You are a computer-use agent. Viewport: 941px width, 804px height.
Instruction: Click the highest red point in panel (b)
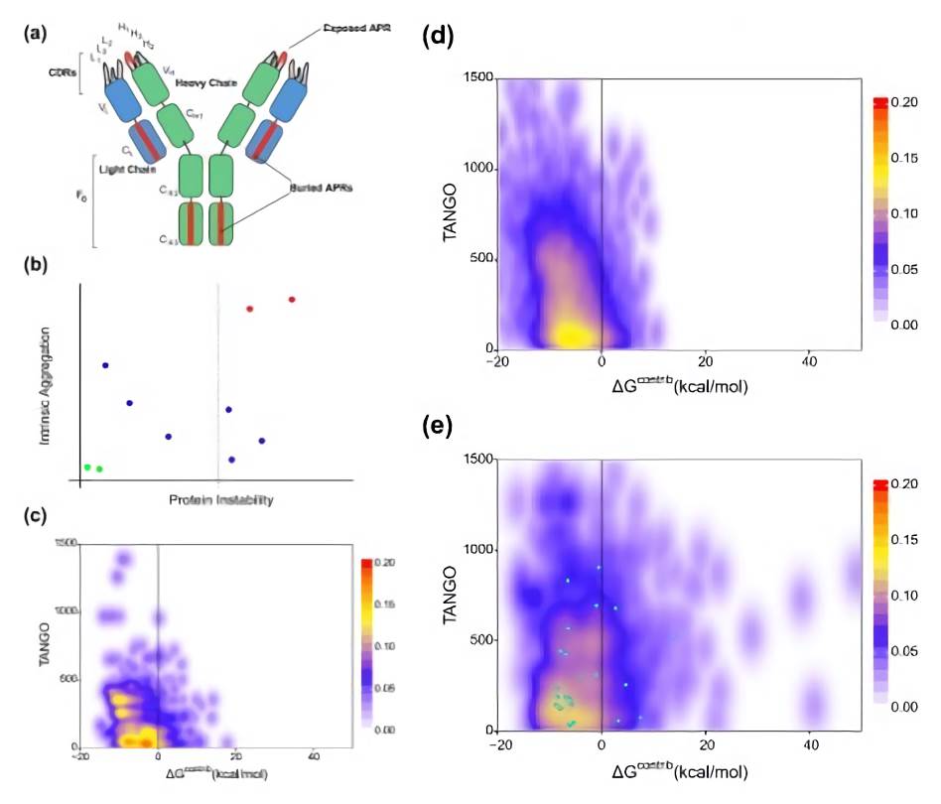pyautogui.click(x=292, y=299)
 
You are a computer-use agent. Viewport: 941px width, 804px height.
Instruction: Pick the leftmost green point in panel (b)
pyautogui.click(x=87, y=467)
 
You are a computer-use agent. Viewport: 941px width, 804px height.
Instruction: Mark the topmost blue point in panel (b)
pyautogui.click(x=105, y=365)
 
